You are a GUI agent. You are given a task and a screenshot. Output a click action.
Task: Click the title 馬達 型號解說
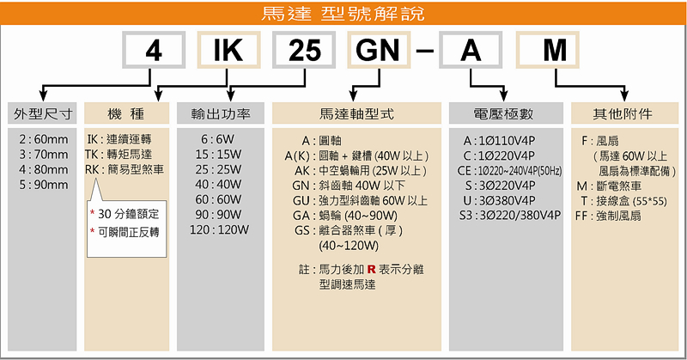(343, 15)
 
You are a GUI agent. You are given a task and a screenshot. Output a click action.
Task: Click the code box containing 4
(155, 52)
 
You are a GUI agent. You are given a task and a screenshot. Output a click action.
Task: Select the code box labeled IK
(228, 52)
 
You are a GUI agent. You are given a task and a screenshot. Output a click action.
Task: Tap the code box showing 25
(300, 52)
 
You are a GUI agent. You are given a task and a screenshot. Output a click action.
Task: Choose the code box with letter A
(471, 52)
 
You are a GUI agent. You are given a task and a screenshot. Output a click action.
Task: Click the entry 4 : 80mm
(43, 169)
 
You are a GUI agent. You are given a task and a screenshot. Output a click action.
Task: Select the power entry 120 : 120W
(219, 230)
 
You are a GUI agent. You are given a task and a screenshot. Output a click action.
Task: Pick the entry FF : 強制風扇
(609, 216)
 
